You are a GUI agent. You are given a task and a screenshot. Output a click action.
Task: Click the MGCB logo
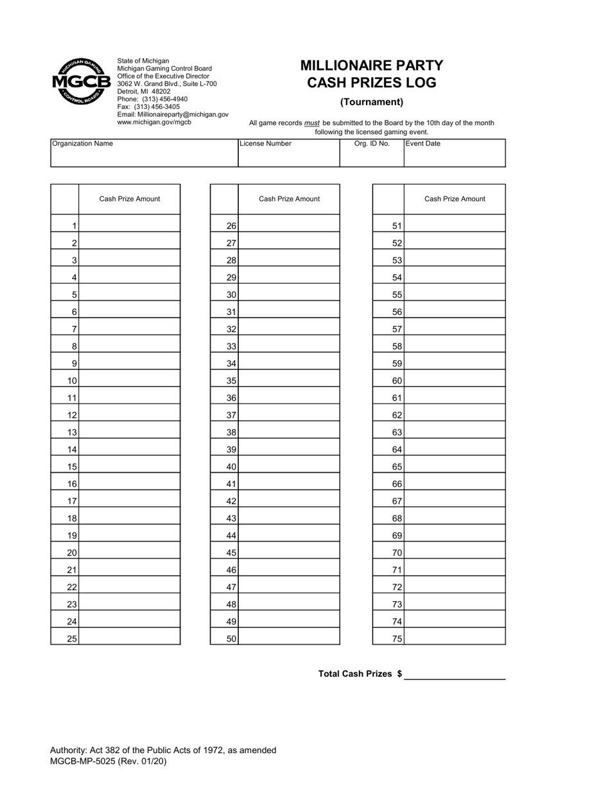(x=81, y=81)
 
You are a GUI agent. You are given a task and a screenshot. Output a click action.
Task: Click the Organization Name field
(x=144, y=157)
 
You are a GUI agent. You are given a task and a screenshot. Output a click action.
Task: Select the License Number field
(x=288, y=157)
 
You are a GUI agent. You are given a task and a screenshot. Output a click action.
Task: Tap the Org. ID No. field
(x=371, y=157)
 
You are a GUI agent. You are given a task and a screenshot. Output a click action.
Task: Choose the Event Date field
(x=454, y=157)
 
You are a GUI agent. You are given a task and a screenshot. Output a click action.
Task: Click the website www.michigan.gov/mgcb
(x=154, y=122)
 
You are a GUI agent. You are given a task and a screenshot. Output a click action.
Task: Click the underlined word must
(x=312, y=123)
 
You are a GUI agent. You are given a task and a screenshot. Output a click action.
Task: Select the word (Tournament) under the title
(x=372, y=101)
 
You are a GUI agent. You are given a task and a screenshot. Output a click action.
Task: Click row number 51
(x=397, y=226)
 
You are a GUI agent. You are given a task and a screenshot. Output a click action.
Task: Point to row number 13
(x=72, y=432)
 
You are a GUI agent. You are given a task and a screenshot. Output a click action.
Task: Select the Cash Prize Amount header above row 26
(x=289, y=199)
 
